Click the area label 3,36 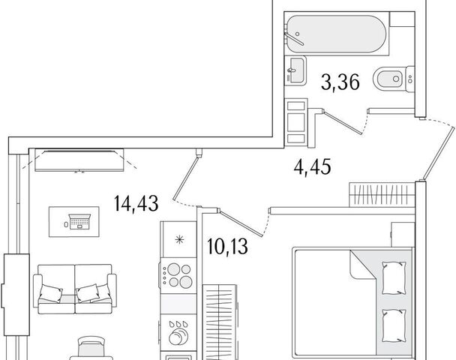click(x=340, y=82)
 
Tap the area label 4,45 click(x=312, y=167)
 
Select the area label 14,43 click(x=136, y=203)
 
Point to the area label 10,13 click(x=228, y=246)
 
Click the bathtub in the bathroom click(x=337, y=34)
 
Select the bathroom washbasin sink click(x=295, y=70)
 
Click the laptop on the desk click(x=79, y=222)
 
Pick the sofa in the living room click(x=75, y=289)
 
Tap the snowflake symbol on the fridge click(x=179, y=240)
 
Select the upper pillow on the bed click(x=394, y=277)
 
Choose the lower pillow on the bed click(x=394, y=325)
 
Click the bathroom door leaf click(x=343, y=122)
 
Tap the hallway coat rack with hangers click(x=382, y=194)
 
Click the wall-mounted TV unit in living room click(x=79, y=160)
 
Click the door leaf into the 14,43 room click(x=185, y=178)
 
